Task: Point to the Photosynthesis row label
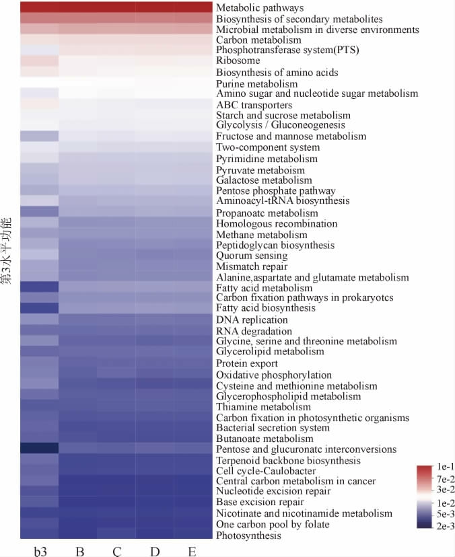coord(248,535)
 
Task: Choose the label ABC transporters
coord(254,105)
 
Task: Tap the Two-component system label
coord(267,147)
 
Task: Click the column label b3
coord(40,552)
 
